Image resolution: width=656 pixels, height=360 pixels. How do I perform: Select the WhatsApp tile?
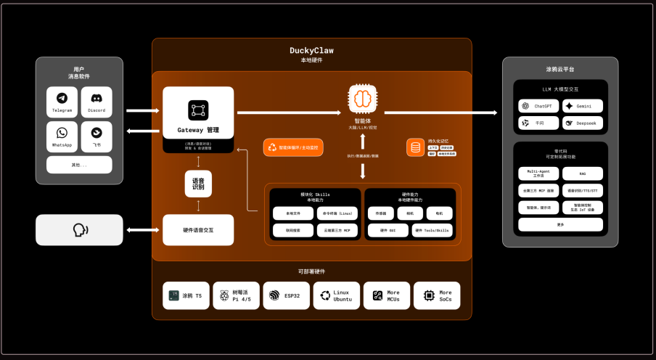coord(62,136)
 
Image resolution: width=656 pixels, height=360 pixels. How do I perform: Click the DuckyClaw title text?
coord(311,51)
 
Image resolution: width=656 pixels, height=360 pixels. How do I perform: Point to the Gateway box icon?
coord(198,110)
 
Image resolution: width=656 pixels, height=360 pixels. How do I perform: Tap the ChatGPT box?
coord(539,105)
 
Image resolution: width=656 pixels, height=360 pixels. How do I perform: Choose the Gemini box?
coord(582,105)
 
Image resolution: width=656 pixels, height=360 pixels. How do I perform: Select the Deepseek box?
coord(582,123)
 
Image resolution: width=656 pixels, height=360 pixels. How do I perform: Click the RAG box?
coord(582,173)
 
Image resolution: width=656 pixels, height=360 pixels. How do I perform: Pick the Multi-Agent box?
coord(539,173)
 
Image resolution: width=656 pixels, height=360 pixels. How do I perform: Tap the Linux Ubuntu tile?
coord(336,296)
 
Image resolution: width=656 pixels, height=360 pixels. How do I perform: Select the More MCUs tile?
coord(386,296)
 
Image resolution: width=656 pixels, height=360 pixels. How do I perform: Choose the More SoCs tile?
coord(437,296)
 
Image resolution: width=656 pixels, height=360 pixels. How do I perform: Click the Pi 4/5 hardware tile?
coord(236,296)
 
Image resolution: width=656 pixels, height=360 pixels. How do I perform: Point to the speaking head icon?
coord(80,229)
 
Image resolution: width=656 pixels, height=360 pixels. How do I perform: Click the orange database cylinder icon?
coord(415,147)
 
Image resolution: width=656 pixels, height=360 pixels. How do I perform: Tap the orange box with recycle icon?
coord(292,147)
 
